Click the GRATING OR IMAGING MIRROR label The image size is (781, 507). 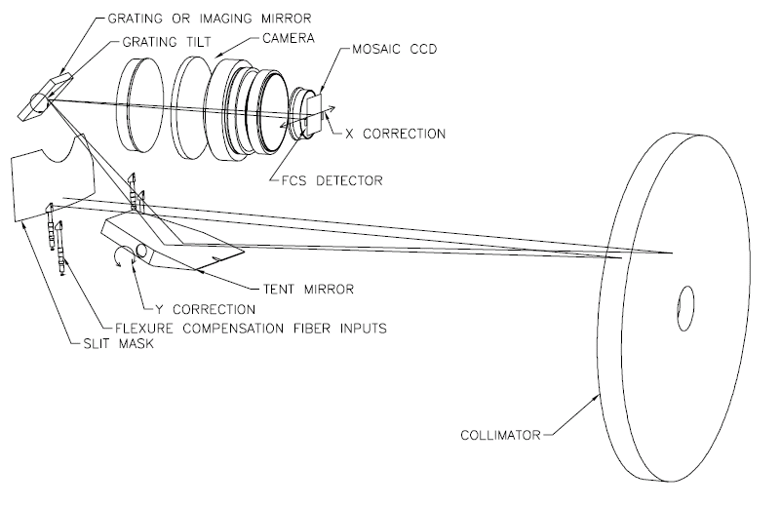210,19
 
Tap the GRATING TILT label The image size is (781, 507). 167,42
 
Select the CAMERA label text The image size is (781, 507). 289,38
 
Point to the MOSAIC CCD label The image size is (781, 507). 395,50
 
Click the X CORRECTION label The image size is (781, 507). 396,134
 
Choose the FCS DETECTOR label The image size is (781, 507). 332,180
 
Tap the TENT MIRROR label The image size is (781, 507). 308,289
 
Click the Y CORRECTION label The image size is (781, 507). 205,309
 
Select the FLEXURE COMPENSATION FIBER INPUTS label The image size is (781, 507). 251,329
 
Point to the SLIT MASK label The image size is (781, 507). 119,343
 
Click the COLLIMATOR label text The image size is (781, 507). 500,435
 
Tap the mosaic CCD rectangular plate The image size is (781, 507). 315,114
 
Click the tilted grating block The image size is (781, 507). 45,97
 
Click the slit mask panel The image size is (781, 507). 53,179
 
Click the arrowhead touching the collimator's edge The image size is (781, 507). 596,398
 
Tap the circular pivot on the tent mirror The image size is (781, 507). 141,251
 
